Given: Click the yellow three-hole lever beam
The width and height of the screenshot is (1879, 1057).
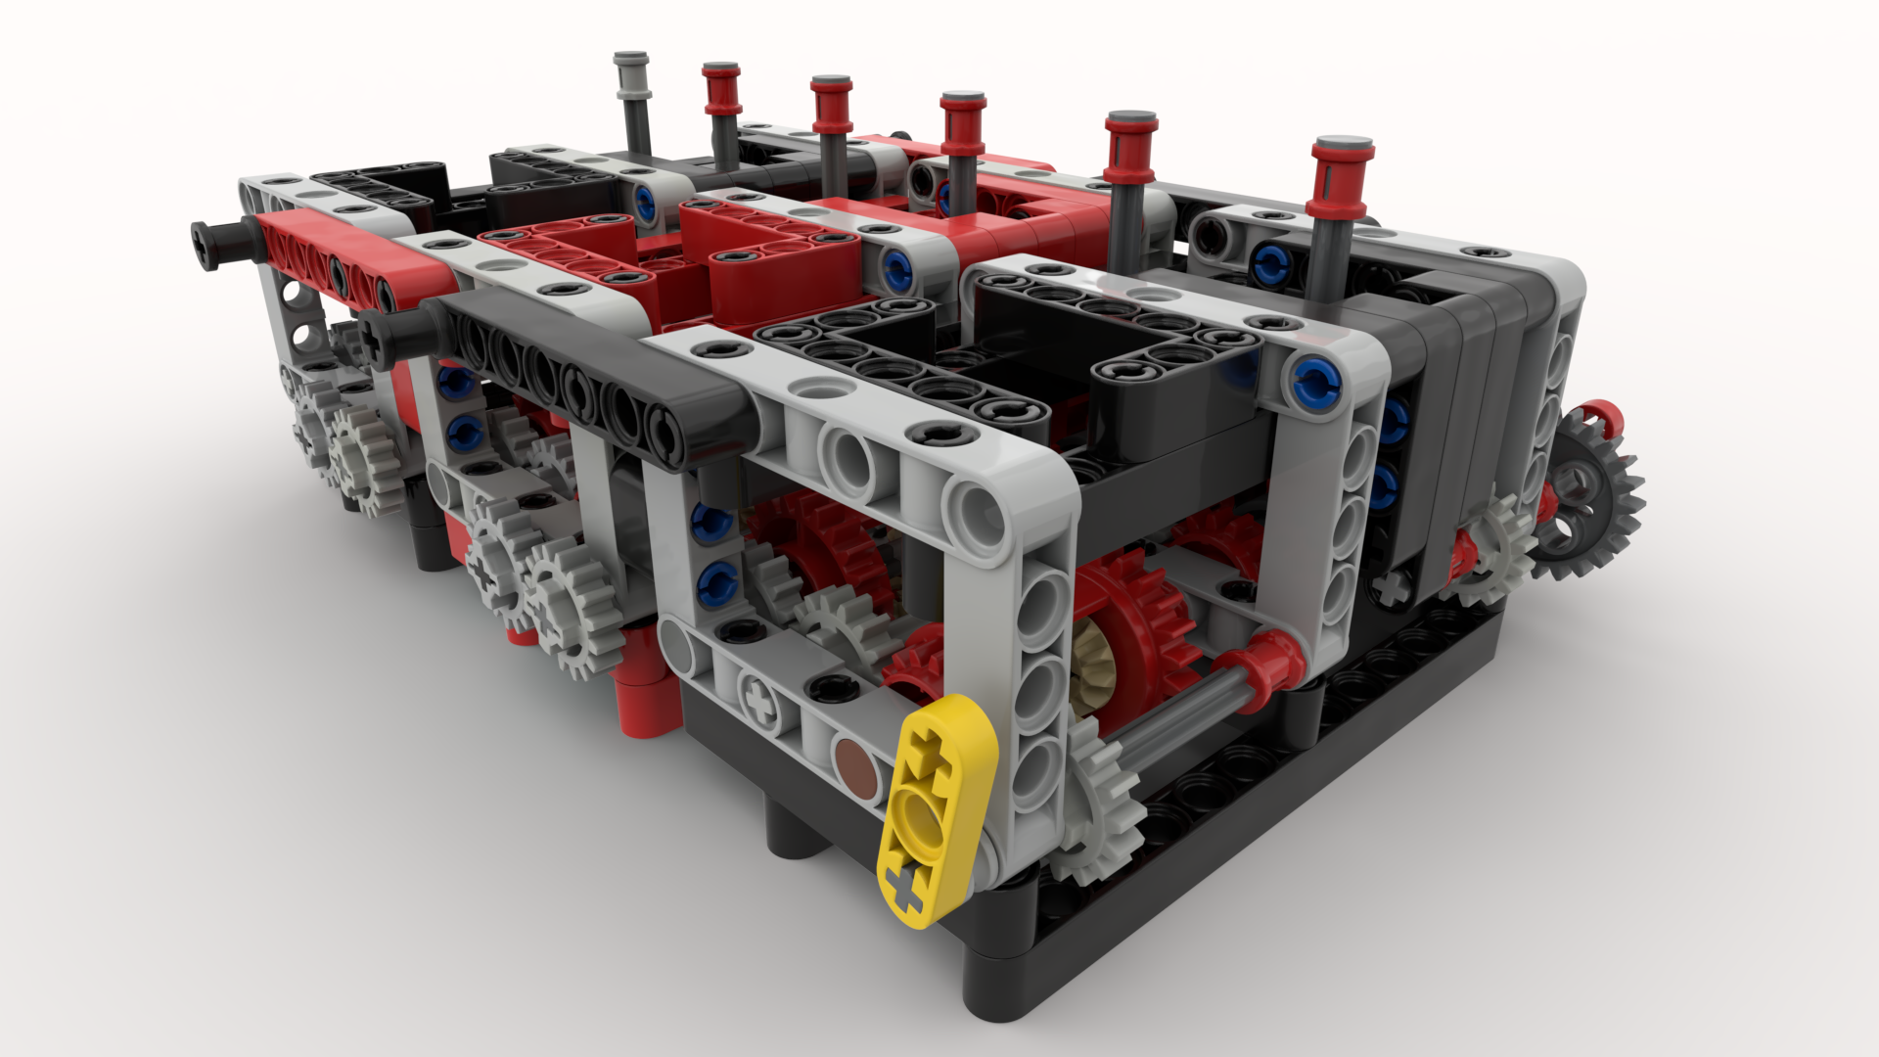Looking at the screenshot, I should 937,812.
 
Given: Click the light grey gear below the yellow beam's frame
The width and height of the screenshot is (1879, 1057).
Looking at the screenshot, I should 1101,803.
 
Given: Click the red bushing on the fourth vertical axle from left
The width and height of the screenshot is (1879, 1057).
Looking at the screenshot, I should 963,117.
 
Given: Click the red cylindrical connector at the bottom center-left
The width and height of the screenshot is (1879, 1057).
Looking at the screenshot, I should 646,685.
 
